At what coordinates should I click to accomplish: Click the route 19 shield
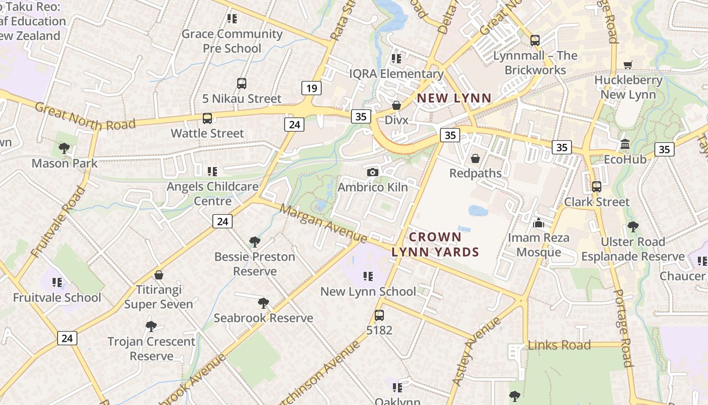coord(312,89)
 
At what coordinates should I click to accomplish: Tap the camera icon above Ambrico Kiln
coord(373,172)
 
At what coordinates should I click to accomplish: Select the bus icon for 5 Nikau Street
coord(242,84)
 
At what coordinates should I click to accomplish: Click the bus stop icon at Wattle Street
coord(207,118)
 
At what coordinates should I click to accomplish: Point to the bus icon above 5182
coord(379,315)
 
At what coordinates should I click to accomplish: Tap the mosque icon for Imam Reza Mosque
coord(538,223)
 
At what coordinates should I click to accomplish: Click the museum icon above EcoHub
coord(625,144)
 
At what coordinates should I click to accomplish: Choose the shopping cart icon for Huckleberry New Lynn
coord(628,65)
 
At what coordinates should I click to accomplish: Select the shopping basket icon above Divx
coord(396,105)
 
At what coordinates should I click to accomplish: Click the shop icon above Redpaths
coord(475,158)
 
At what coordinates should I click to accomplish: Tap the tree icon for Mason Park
coord(64,148)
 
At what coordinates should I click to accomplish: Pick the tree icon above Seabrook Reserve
coord(263,303)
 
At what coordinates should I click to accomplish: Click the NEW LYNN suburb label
coord(454,98)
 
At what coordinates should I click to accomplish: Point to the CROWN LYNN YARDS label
coord(435,244)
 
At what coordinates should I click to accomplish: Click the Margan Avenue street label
coord(324,223)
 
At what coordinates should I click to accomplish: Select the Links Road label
coord(559,345)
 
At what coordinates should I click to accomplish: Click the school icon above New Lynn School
coord(368,276)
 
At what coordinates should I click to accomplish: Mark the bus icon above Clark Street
coord(597,187)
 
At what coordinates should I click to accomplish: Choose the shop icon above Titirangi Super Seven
coord(159,275)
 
